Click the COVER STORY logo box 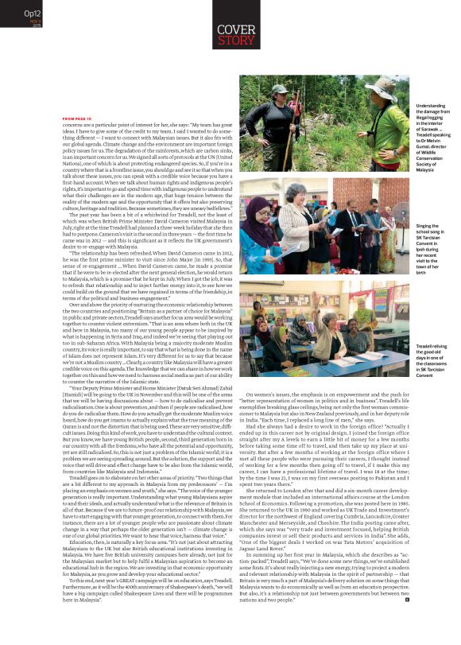[236, 34]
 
